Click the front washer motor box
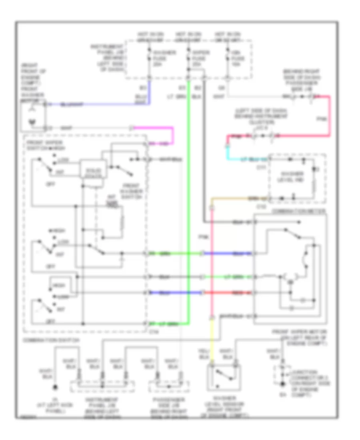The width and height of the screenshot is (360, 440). point(34,116)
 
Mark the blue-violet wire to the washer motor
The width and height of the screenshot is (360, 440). point(100,104)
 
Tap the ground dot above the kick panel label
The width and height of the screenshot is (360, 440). point(56,388)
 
